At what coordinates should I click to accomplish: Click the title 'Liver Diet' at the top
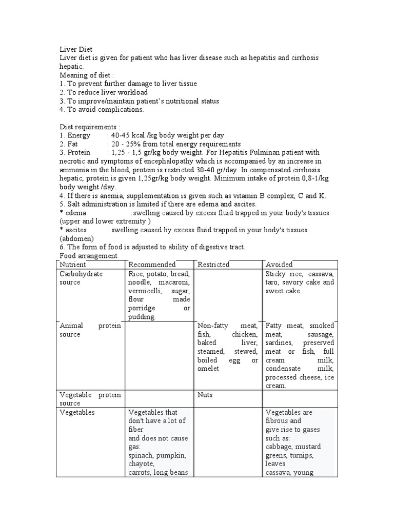pos(76,49)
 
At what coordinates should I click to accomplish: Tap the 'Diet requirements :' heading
pos(90,127)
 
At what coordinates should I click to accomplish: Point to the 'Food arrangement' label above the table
pos(89,256)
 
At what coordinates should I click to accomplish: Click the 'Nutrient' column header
pos(73,265)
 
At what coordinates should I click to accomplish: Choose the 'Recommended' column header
pos(152,265)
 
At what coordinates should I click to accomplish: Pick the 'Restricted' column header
pos(213,265)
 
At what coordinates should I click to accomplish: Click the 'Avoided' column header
pos(279,265)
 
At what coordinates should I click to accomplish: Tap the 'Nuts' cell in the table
pos(205,395)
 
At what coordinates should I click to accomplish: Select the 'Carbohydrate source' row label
pos(81,278)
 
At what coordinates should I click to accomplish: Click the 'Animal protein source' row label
pos(90,330)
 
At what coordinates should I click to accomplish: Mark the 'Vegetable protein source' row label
pos(90,399)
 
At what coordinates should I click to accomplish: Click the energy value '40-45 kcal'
pos(131,135)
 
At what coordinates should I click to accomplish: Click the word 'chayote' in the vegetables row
pos(141,463)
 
